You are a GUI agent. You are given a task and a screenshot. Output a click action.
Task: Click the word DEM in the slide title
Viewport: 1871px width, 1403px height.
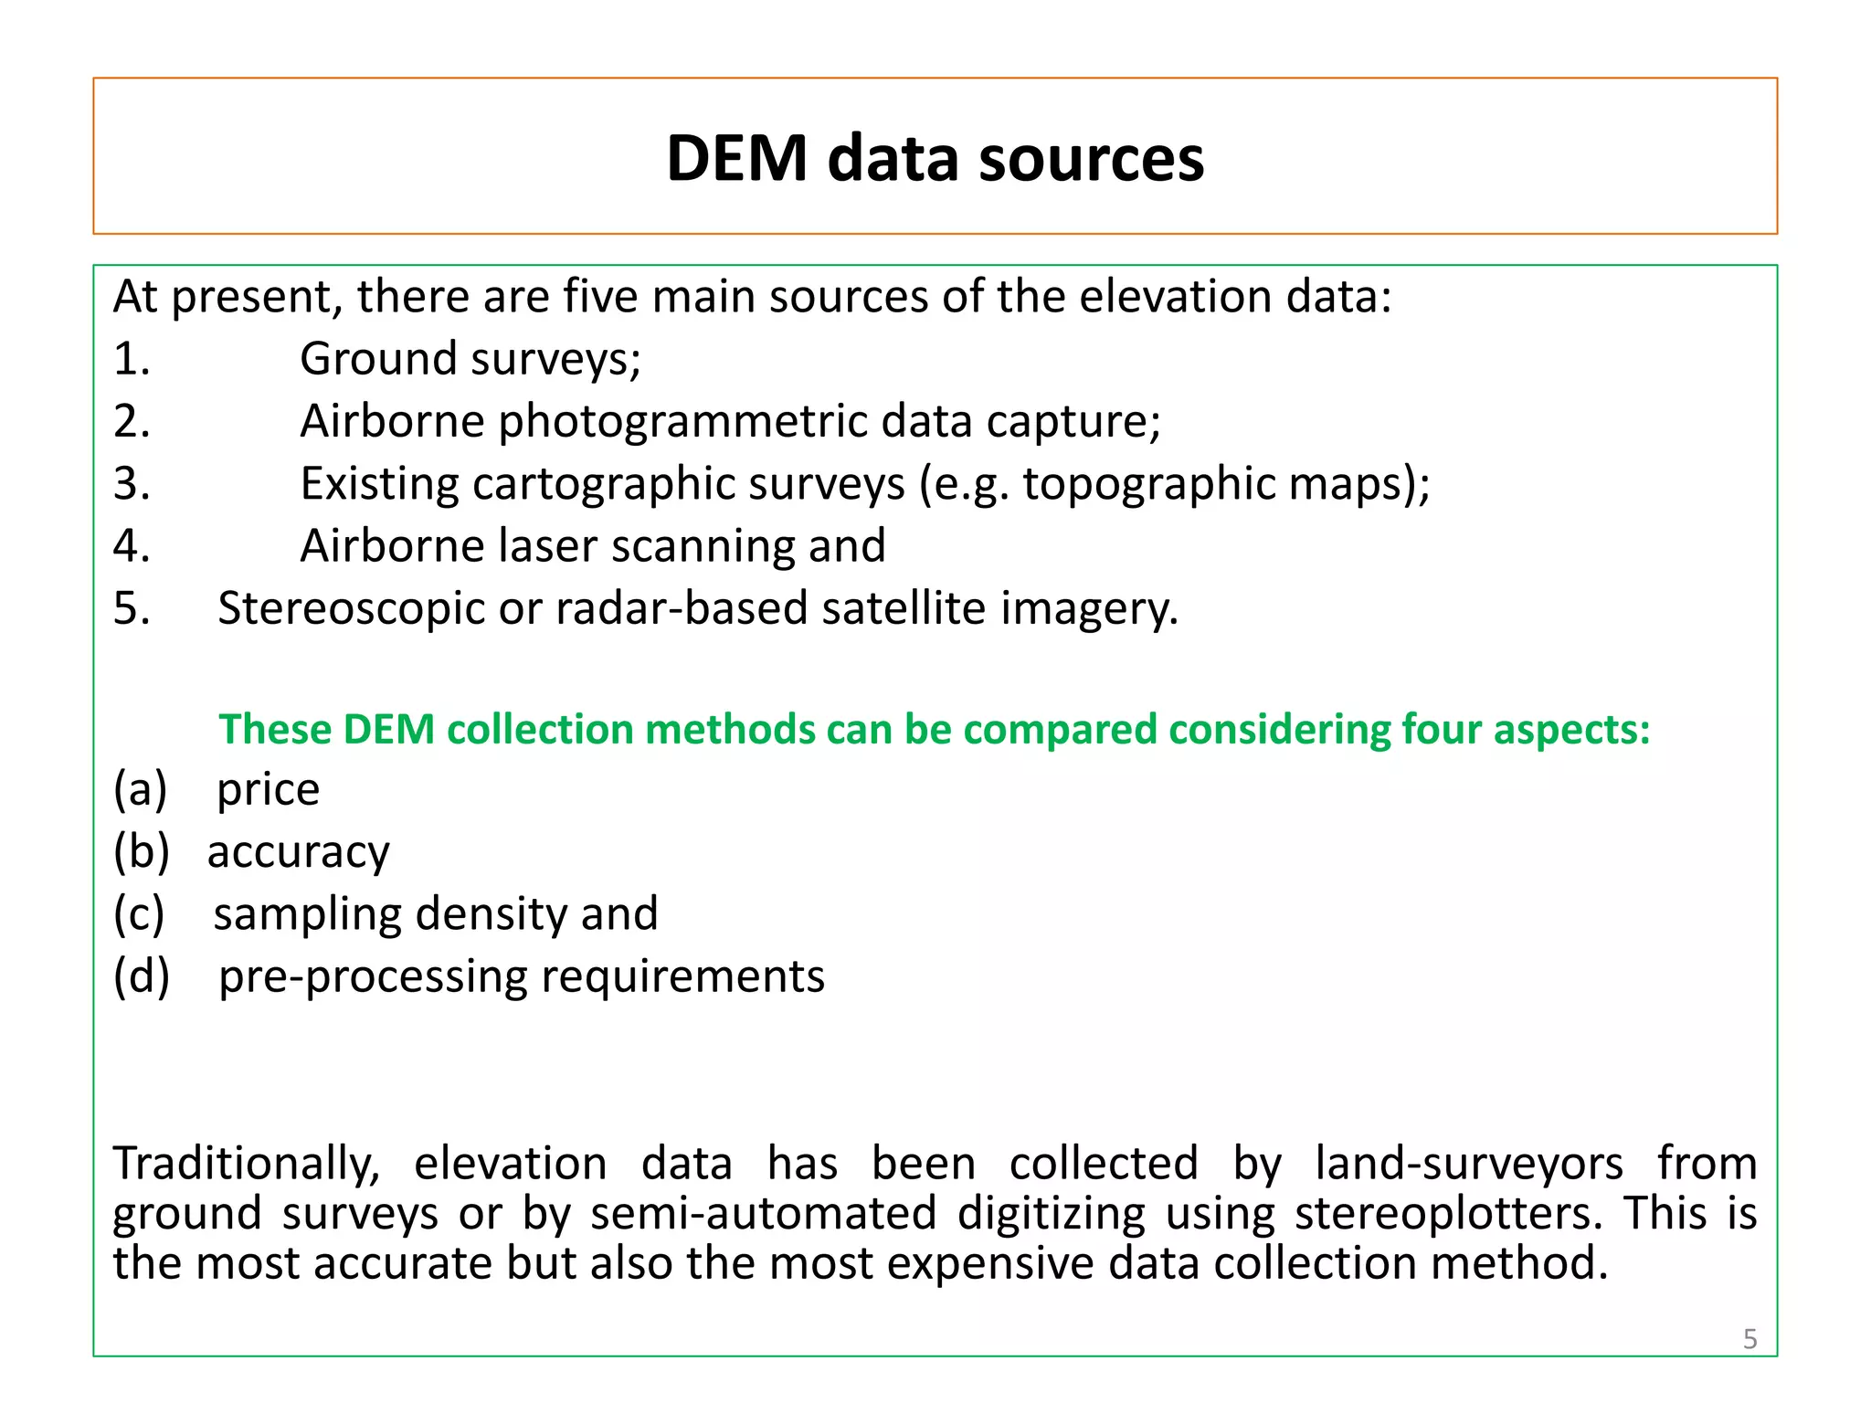click(737, 159)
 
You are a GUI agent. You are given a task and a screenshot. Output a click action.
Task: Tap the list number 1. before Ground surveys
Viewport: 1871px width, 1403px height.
click(132, 359)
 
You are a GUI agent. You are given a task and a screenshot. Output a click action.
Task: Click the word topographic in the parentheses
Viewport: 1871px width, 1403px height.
click(1148, 484)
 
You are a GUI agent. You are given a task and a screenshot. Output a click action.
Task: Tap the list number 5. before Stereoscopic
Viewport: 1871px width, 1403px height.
click(132, 608)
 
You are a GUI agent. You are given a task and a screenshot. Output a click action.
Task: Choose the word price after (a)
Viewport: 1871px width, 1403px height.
click(268, 790)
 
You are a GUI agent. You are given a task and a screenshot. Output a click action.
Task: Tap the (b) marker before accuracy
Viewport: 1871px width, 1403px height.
click(142, 852)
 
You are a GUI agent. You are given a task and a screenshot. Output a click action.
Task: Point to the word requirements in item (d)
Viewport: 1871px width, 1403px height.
click(683, 976)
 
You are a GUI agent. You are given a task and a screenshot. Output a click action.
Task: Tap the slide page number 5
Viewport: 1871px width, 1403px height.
click(1749, 1339)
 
